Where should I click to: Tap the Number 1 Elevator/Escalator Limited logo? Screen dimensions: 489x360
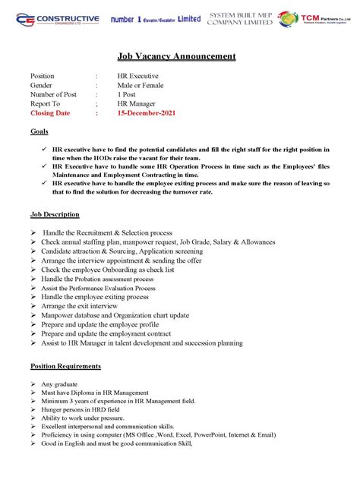click(x=155, y=18)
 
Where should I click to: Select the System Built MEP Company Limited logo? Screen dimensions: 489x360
click(x=239, y=18)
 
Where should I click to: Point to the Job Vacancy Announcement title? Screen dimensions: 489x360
click(x=176, y=56)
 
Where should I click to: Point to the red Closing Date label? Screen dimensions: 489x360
click(x=49, y=113)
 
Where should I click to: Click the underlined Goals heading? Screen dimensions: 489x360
click(x=39, y=131)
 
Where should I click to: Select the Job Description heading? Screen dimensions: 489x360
click(x=55, y=215)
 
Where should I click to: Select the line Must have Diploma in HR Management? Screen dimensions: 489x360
click(x=95, y=393)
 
